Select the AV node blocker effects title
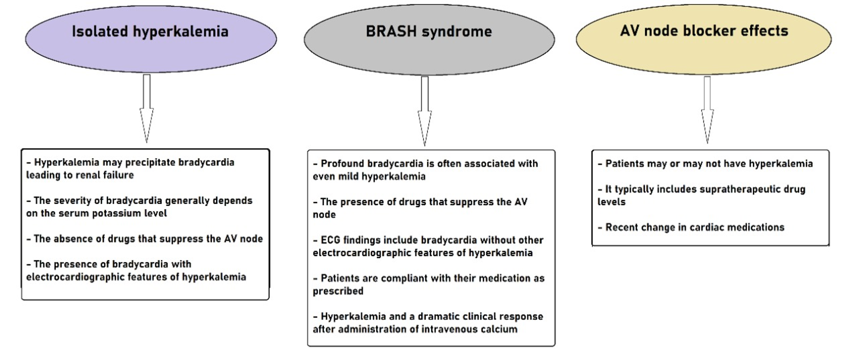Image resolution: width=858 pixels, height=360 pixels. (704, 31)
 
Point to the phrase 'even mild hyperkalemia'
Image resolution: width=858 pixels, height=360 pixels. (369, 176)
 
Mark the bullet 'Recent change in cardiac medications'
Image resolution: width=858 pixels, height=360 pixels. (694, 227)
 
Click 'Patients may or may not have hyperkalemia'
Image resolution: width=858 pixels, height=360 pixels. (709, 164)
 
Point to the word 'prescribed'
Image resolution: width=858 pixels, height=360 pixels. (338, 291)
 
